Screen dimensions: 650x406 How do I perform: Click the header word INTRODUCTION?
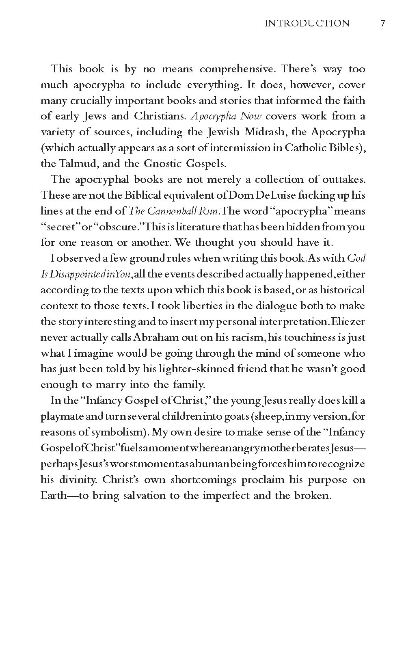pos(307,24)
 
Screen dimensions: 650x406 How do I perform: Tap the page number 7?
pos(382,24)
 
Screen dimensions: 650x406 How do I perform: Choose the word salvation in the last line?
pos(150,496)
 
